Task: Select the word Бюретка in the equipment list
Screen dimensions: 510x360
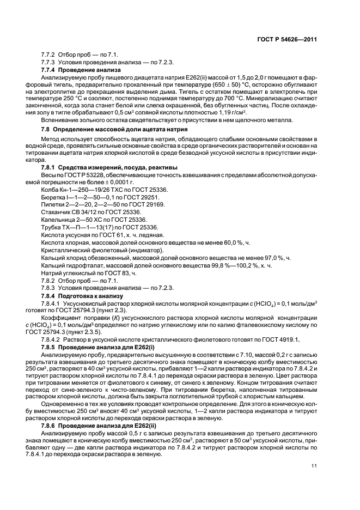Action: [53, 196]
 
